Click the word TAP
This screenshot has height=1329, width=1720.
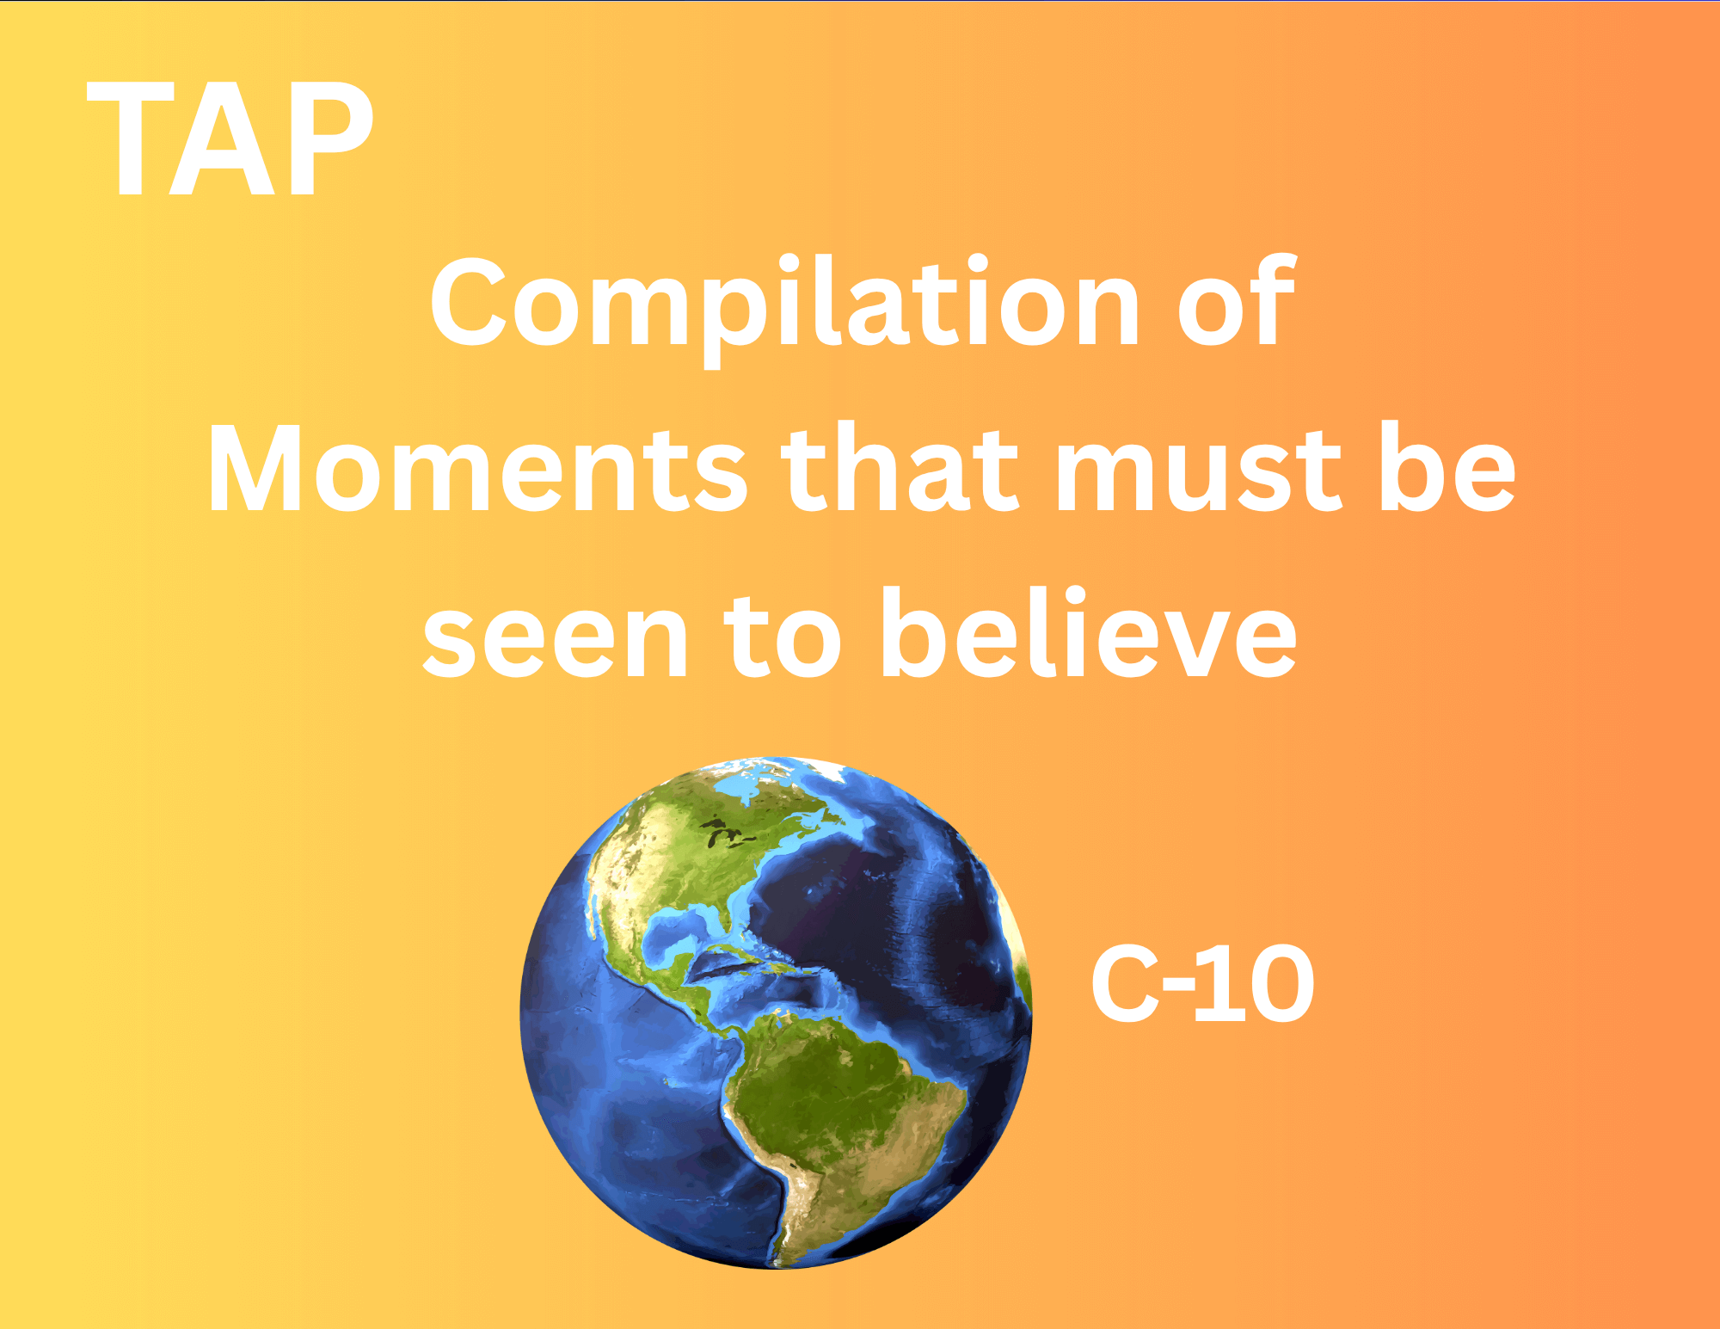pyautogui.click(x=230, y=139)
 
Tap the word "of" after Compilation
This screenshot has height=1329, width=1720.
pyautogui.click(x=1236, y=300)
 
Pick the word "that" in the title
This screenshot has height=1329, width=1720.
pyautogui.click(x=900, y=466)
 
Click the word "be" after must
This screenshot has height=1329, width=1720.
pyautogui.click(x=1447, y=466)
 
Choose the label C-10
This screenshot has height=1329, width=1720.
pyautogui.click(x=1202, y=983)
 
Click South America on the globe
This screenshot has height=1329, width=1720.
pyautogui.click(x=838, y=1118)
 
